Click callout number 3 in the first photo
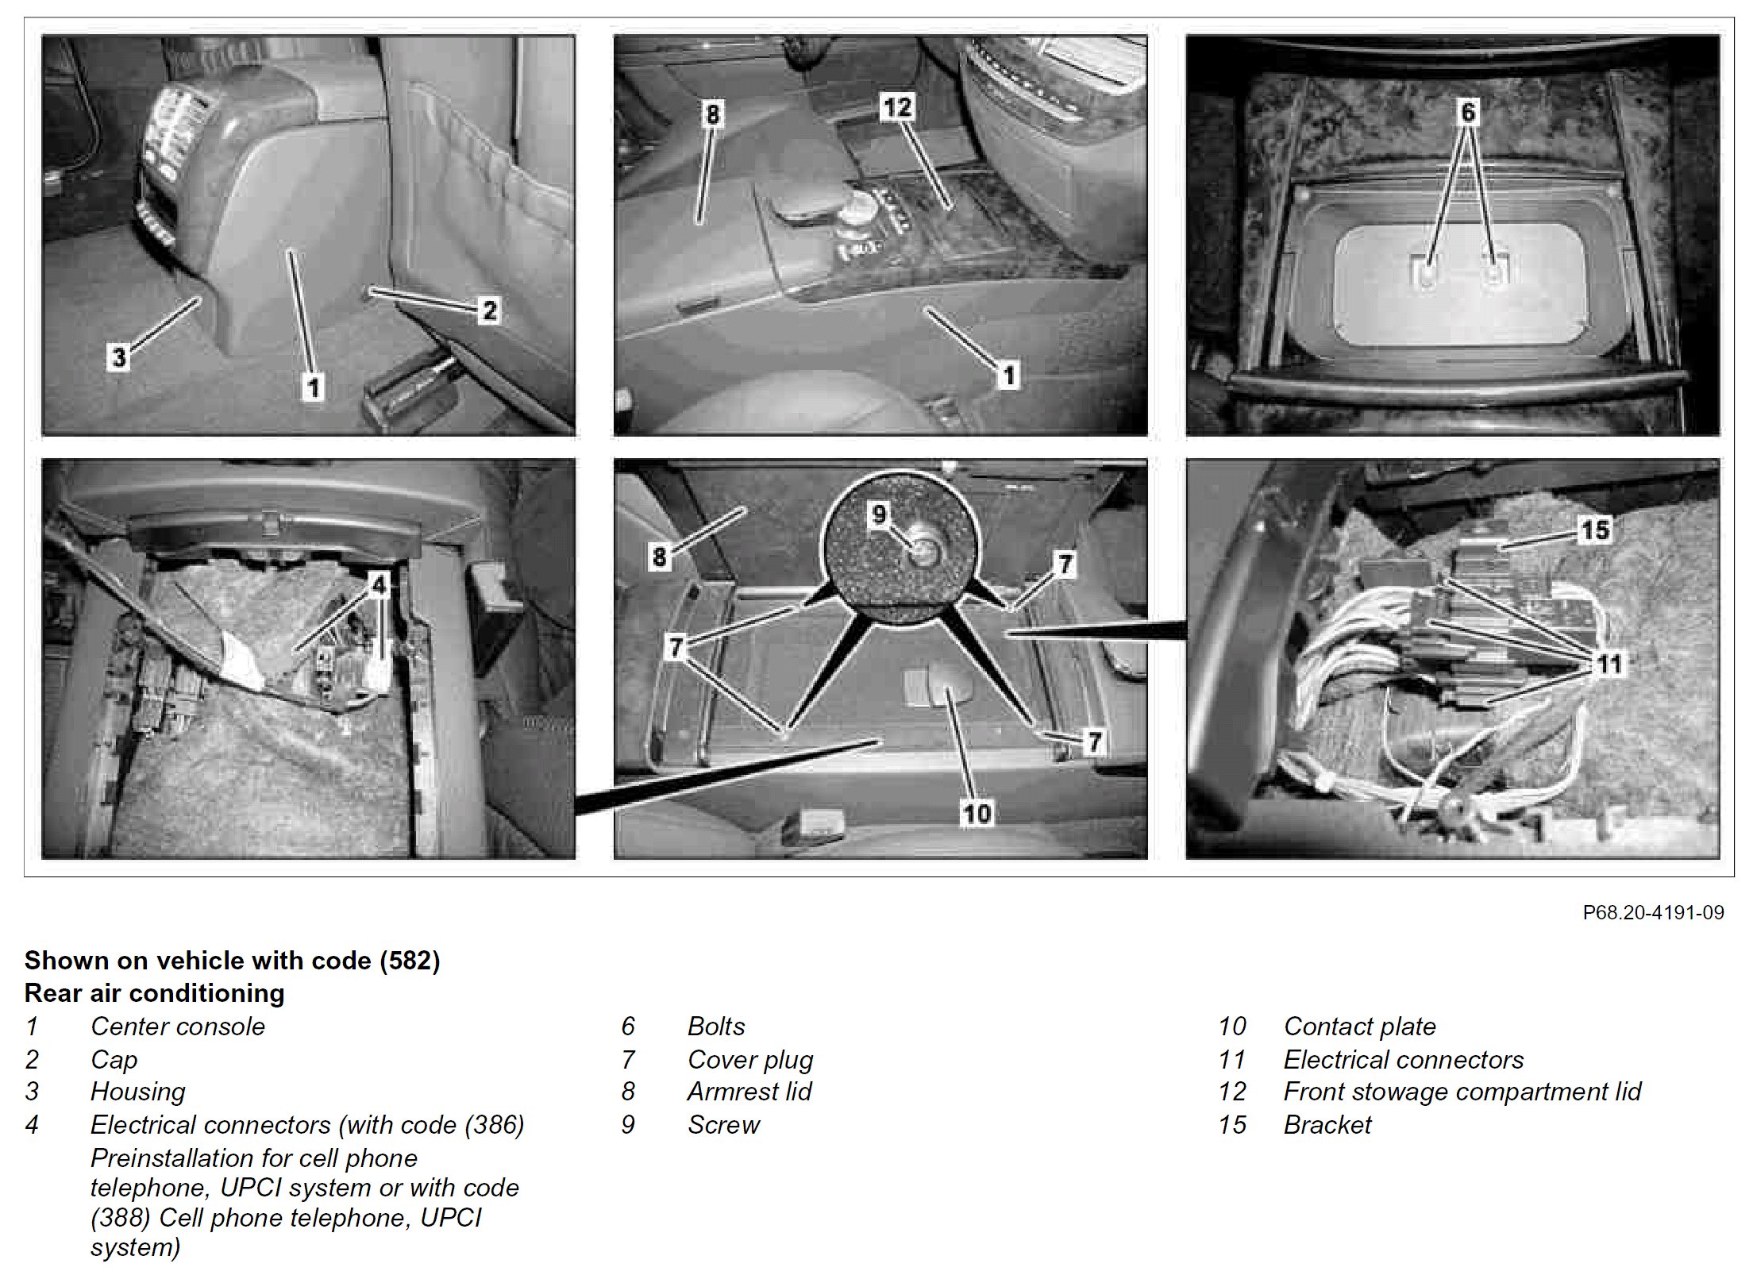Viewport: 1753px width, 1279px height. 119,356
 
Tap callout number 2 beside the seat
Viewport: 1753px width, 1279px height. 489,310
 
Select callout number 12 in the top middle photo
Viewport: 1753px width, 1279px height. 898,106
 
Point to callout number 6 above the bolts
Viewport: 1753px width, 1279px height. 1468,112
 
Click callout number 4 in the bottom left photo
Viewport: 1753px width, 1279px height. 379,585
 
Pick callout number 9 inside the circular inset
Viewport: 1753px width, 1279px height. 879,514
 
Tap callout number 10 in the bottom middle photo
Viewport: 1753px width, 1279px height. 977,812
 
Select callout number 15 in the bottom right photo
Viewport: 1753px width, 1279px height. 1595,530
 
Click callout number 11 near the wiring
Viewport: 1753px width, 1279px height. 1609,663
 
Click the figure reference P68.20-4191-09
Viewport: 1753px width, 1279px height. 1653,912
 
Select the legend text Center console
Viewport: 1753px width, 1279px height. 178,1027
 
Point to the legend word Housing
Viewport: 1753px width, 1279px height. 138,1092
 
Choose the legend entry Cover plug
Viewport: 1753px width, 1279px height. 750,1060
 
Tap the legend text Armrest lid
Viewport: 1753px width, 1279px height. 749,1092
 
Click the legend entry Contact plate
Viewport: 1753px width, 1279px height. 1359,1027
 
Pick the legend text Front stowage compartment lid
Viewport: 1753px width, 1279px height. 1462,1092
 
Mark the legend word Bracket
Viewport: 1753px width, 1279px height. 1327,1125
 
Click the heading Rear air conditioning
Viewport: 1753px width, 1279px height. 155,993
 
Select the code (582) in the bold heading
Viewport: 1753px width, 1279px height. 410,961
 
